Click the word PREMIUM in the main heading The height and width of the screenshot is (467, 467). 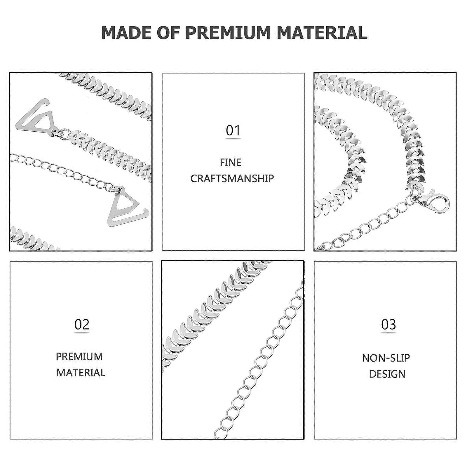[228, 32]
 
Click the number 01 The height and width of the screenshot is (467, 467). [233, 130]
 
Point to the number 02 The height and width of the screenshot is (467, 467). [82, 324]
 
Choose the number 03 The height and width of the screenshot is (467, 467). [388, 324]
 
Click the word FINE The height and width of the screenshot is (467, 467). [231, 162]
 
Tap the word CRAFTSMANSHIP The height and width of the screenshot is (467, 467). [232, 178]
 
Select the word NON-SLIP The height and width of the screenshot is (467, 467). [386, 358]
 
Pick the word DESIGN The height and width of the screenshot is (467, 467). [387, 374]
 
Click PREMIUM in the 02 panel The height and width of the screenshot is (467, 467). [79, 356]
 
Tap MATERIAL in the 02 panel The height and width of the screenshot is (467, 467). [81, 372]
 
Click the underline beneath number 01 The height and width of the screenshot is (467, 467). [233, 139]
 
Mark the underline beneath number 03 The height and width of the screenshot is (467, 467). [388, 333]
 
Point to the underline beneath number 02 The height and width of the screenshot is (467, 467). [82, 333]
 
